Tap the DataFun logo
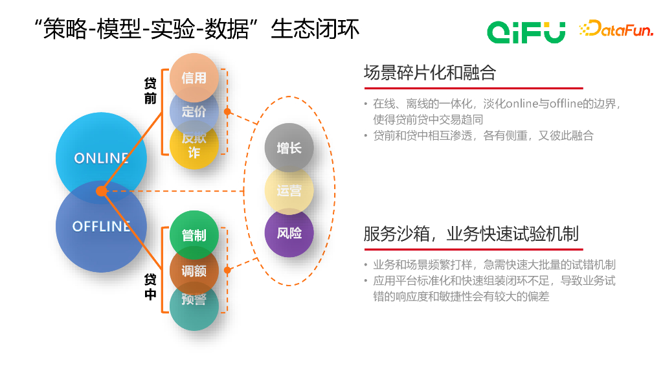pos(616,28)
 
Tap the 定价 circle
pos(194,111)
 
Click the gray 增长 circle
pos(289,148)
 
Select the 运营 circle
pos(289,191)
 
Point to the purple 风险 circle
pos(289,233)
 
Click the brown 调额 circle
pos(194,271)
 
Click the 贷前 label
pos(150,91)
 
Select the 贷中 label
pos(150,287)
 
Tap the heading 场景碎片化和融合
pos(429,73)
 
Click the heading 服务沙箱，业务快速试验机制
pos(471,234)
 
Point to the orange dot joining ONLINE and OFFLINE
pos(101,191)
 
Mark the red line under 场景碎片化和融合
pos(473,88)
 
